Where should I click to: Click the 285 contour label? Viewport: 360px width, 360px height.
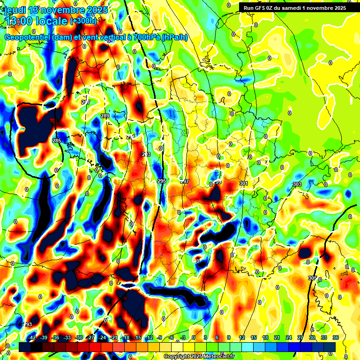click(x=57, y=141)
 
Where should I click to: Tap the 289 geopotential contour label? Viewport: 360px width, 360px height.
click(x=105, y=116)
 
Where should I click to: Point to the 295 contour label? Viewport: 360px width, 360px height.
click(x=162, y=181)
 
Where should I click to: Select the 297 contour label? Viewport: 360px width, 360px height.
click(x=184, y=181)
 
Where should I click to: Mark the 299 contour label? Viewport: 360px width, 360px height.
click(x=217, y=182)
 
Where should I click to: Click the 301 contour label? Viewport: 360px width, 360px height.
click(x=243, y=183)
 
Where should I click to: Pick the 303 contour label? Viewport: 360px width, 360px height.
click(x=297, y=185)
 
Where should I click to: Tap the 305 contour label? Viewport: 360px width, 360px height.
click(x=312, y=278)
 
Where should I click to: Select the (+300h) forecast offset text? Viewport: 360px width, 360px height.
click(x=83, y=21)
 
